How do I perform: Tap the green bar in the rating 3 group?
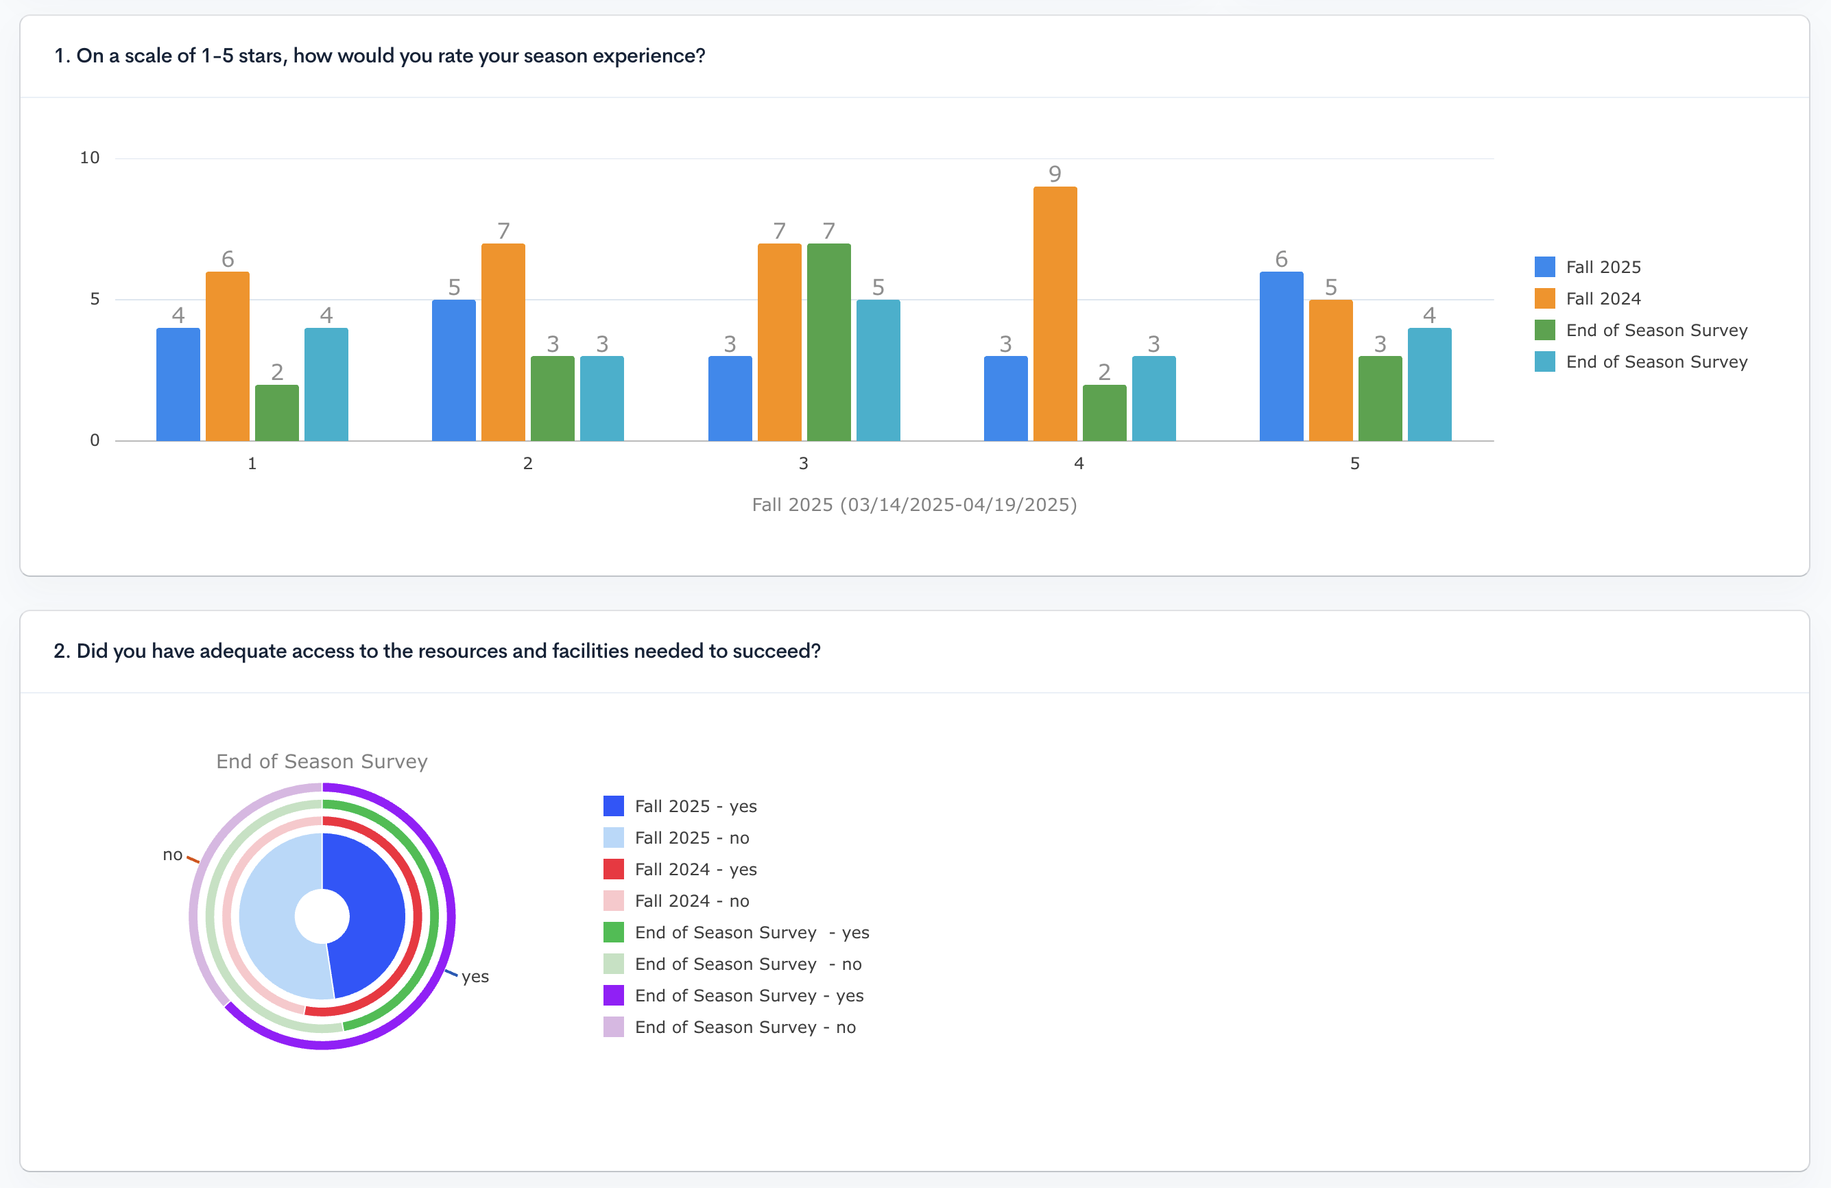tap(828, 342)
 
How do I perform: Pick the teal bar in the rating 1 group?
tap(326, 385)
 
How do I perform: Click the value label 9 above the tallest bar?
tap(1055, 174)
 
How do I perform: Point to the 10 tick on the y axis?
tap(90, 158)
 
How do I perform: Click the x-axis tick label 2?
tap(528, 463)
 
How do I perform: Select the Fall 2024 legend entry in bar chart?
tap(1603, 298)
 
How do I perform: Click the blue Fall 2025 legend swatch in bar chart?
tap(1544, 267)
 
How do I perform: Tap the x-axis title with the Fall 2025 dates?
tap(914, 505)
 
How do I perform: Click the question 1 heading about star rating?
tap(379, 56)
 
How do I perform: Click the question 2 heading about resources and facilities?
tap(437, 651)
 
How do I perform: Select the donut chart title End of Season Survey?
tap(322, 762)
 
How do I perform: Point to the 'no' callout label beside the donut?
tap(172, 855)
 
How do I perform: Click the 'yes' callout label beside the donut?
tap(475, 977)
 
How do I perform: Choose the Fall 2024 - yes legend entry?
tap(695, 870)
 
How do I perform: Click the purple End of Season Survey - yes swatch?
tap(613, 996)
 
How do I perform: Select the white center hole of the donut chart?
tap(322, 916)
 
